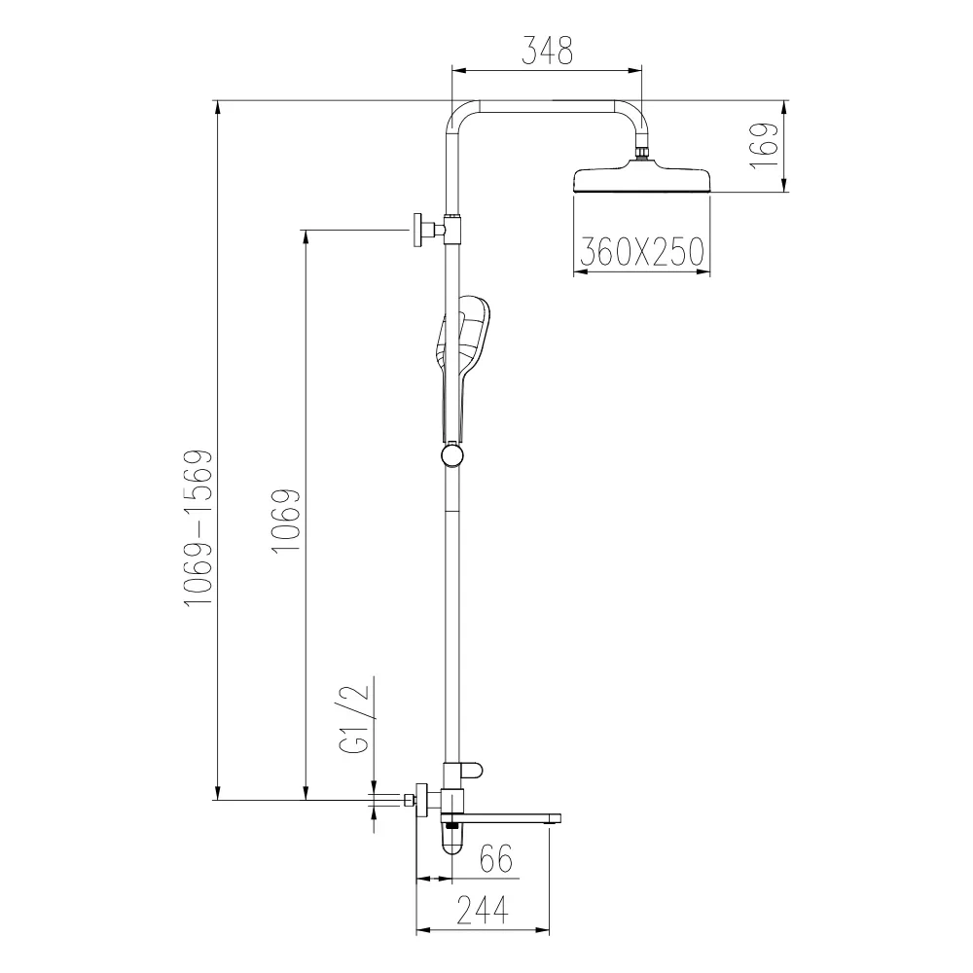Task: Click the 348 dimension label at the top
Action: pos(547,51)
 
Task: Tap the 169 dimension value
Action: pos(763,145)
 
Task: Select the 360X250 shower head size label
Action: pos(642,252)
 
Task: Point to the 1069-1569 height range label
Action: pos(199,528)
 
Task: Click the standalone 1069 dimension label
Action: pos(286,521)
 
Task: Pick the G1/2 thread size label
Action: pos(355,718)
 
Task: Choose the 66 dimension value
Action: pos(497,859)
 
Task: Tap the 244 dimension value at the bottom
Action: pos(483,911)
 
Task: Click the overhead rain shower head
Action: pos(642,179)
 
